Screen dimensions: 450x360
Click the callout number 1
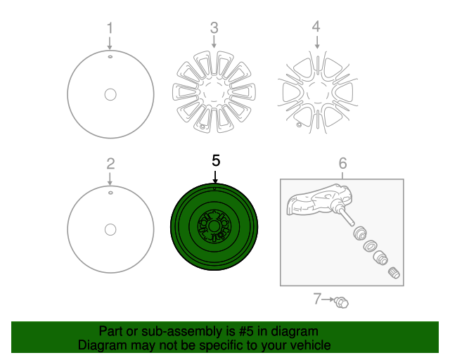click(x=110, y=28)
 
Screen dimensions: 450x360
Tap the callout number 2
click(x=111, y=164)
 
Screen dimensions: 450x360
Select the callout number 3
click(x=214, y=28)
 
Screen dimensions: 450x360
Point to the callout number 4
click(x=316, y=27)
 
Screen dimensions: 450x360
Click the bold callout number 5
click(x=216, y=160)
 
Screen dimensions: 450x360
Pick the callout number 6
click(x=342, y=163)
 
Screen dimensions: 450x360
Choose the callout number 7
click(x=317, y=299)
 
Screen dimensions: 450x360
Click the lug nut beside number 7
click(x=342, y=302)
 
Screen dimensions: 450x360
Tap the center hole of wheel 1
click(x=110, y=94)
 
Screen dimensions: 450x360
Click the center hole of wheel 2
click(x=110, y=230)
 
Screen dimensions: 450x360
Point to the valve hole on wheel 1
click(x=110, y=57)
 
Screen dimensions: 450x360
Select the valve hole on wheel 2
click(x=110, y=193)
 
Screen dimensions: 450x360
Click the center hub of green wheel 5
click(x=212, y=226)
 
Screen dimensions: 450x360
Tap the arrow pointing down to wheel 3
click(x=214, y=41)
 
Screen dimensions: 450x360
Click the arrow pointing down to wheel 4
click(x=317, y=42)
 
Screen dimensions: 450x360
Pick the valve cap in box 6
click(x=394, y=273)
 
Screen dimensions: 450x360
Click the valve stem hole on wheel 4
click(x=299, y=124)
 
